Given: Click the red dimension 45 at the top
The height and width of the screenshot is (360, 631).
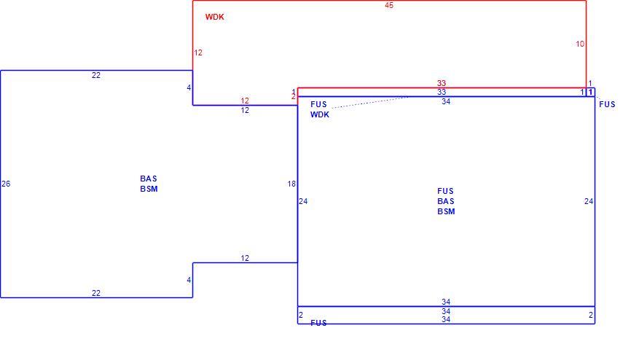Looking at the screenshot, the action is pyautogui.click(x=389, y=5).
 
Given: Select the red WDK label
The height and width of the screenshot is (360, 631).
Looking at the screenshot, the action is pyautogui.click(x=214, y=17).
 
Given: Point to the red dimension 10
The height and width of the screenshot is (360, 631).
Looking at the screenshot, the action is pyautogui.click(x=580, y=44).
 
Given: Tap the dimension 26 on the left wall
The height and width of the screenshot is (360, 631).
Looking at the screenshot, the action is pyautogui.click(x=6, y=184).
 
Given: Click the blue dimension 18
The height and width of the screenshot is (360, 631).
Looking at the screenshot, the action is pyautogui.click(x=291, y=184).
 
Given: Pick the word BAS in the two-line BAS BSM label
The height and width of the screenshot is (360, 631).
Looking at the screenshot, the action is pyautogui.click(x=149, y=179).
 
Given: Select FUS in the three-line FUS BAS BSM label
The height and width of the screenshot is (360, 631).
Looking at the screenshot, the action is pyautogui.click(x=445, y=191).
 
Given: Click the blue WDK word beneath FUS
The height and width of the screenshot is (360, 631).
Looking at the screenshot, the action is pyautogui.click(x=320, y=114).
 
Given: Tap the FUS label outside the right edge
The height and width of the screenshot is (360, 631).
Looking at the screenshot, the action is pyautogui.click(x=607, y=105).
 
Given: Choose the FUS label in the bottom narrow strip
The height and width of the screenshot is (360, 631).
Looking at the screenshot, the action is pyautogui.click(x=318, y=323).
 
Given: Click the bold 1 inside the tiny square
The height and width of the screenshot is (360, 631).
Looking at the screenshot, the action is pyautogui.click(x=590, y=93).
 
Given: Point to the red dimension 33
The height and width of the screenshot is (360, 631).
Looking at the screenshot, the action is pyautogui.click(x=442, y=83).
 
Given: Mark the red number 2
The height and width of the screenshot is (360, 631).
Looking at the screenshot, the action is pyautogui.click(x=294, y=97).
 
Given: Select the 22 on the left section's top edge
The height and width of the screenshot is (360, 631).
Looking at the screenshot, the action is pyautogui.click(x=95, y=75).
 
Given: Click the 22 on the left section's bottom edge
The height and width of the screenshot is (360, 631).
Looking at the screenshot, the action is pyautogui.click(x=95, y=293).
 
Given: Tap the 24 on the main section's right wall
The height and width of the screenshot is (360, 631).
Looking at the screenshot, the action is pyautogui.click(x=588, y=201).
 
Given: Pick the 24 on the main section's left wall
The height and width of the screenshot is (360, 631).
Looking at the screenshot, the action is pyautogui.click(x=303, y=201).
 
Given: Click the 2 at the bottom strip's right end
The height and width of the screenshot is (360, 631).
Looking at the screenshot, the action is pyautogui.click(x=591, y=316).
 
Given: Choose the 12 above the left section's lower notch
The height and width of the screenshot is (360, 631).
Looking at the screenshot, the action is pyautogui.click(x=245, y=258).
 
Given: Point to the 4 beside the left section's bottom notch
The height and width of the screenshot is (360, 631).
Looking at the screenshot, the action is pyautogui.click(x=189, y=281).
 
